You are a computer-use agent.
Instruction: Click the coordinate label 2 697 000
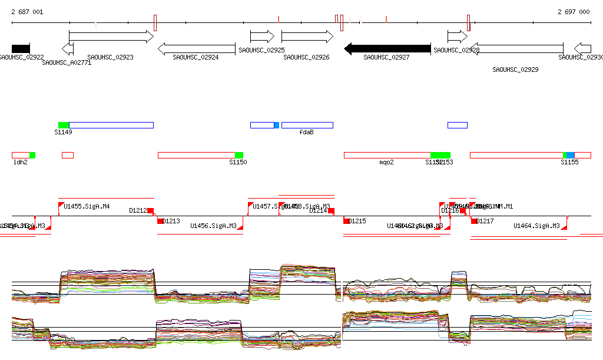573,12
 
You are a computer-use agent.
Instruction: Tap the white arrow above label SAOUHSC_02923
111,37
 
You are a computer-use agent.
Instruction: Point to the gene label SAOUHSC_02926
306,58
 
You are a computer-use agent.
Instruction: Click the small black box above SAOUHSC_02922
21,49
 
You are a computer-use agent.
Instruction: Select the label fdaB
306,132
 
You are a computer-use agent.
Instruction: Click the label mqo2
386,162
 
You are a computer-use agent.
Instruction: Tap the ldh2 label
21,162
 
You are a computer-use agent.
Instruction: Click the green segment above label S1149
64,125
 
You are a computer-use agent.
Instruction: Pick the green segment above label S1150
239,155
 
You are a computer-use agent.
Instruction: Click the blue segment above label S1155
570,155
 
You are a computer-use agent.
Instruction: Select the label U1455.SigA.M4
87,206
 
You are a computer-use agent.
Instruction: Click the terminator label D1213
171,222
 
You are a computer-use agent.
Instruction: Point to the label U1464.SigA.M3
536,226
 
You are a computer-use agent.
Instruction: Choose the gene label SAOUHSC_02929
515,70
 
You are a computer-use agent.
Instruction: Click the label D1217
485,222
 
